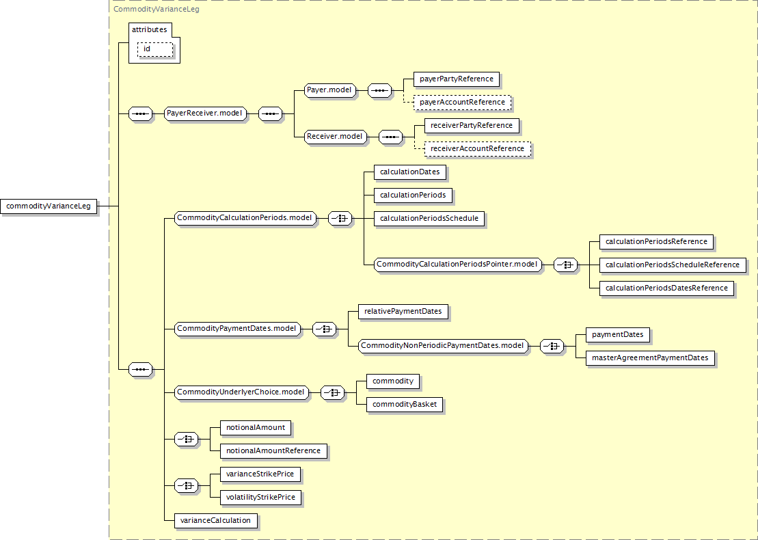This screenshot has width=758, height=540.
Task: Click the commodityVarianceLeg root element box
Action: point(49,206)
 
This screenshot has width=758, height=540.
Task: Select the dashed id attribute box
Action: point(155,49)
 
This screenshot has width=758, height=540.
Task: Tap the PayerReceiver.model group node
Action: point(205,114)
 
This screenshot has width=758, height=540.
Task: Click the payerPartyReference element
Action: point(456,79)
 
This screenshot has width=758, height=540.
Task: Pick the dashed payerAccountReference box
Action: point(462,103)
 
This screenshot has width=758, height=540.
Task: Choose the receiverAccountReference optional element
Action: point(477,149)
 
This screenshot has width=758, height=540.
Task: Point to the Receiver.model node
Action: point(334,137)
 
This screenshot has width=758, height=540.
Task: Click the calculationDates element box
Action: point(409,172)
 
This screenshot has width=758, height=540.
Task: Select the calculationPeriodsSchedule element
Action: point(429,219)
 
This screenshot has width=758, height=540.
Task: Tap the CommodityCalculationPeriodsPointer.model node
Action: point(458,265)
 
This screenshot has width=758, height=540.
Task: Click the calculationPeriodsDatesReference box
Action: point(666,288)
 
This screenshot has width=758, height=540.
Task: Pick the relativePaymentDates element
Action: point(403,312)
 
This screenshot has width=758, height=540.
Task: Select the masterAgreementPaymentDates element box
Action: point(650,358)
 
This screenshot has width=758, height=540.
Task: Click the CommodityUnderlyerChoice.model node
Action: point(241,392)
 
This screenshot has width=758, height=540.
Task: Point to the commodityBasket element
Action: point(405,405)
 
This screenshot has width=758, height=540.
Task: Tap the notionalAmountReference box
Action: point(273,451)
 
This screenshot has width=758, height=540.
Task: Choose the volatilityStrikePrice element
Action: point(260,498)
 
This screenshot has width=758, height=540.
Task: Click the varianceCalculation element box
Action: point(215,521)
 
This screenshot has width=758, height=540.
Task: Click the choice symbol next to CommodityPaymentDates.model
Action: point(325,329)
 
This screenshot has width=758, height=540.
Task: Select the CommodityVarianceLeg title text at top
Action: point(157,10)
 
